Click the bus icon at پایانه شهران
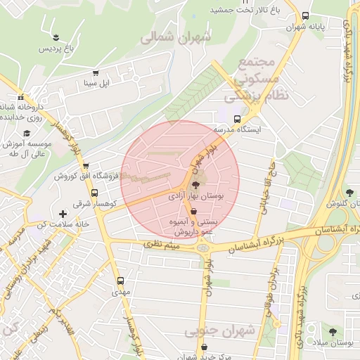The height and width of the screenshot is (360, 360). [x=304, y=15]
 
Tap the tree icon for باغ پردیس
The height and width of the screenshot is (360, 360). [x=55, y=37]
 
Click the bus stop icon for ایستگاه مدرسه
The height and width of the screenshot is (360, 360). [x=236, y=119]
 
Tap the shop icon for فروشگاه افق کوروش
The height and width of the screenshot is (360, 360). [x=86, y=167]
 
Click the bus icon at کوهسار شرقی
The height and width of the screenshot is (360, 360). [x=94, y=193]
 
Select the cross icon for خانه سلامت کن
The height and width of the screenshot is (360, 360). [x=63, y=213]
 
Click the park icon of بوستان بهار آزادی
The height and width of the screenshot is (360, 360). [x=195, y=184]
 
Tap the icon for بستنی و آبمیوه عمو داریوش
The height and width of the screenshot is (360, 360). [x=193, y=210]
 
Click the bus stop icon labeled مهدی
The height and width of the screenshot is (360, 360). [x=120, y=280]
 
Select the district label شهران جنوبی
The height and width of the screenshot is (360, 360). [x=219, y=330]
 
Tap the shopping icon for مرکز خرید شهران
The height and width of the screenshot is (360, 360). [x=203, y=347]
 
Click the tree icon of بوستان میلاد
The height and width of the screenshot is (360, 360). [x=333, y=331]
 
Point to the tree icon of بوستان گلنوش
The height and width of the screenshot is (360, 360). [x=349, y=192]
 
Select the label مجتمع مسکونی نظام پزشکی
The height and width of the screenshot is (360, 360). [x=251, y=77]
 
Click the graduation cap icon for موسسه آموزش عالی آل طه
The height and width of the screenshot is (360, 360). [x=27, y=133]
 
